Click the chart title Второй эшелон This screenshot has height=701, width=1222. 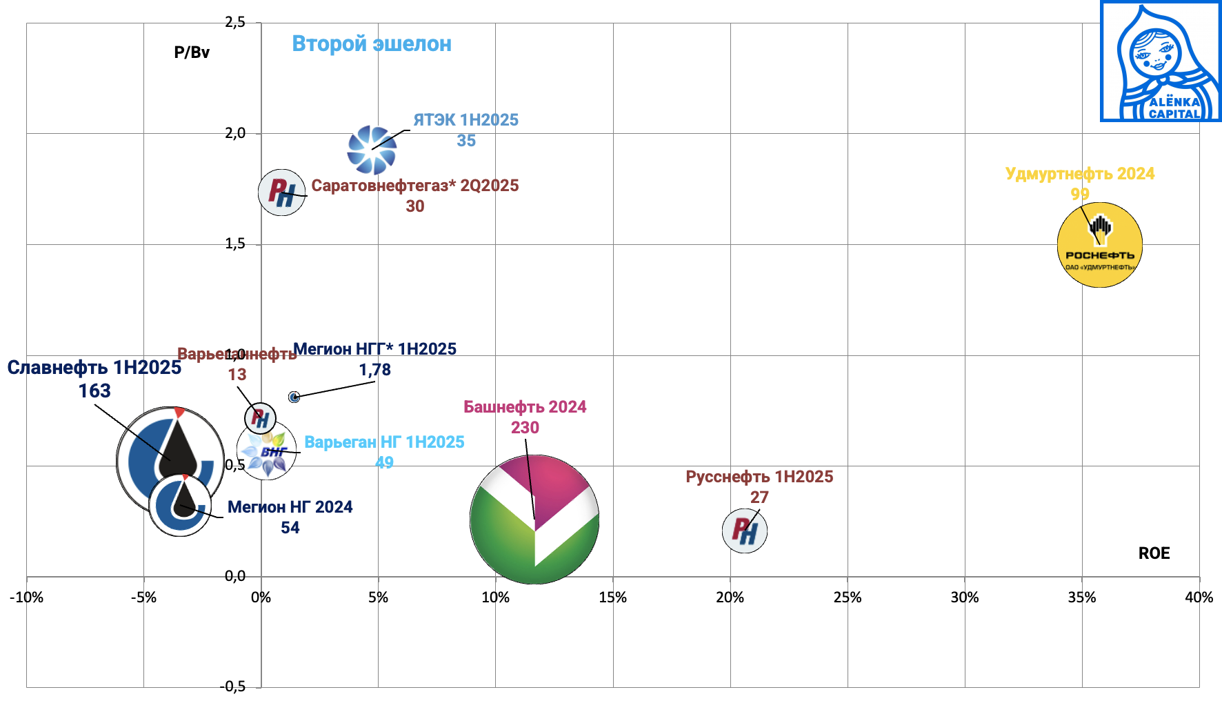(x=372, y=43)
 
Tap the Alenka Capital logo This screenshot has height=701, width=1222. (x=1160, y=61)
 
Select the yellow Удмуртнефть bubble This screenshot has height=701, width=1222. (x=1099, y=245)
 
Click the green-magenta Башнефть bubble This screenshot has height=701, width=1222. (x=534, y=520)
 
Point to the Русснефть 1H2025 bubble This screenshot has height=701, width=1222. (x=745, y=531)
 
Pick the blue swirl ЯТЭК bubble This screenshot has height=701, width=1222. (x=372, y=150)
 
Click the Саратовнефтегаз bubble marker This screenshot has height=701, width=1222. (x=281, y=192)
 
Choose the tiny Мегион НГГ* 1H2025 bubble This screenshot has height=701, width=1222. (x=294, y=397)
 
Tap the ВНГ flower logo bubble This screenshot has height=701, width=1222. (x=267, y=451)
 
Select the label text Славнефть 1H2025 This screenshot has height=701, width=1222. (x=94, y=368)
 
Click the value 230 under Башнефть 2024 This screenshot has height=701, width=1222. (x=525, y=428)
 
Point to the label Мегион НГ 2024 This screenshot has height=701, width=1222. (x=290, y=507)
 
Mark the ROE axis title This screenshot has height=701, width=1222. (x=1154, y=553)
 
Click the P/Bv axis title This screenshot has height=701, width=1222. (x=192, y=52)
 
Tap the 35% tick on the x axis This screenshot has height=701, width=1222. (x=1081, y=598)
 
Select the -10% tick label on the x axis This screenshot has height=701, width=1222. (x=26, y=598)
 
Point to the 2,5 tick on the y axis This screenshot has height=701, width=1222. (x=235, y=22)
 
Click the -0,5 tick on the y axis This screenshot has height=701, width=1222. (x=232, y=687)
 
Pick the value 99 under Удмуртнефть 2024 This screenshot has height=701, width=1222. (x=1079, y=194)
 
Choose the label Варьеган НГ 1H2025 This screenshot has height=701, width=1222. (x=384, y=442)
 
